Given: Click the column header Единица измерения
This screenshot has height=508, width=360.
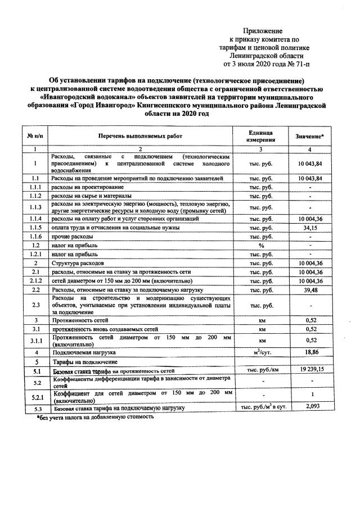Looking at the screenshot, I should coord(260,137).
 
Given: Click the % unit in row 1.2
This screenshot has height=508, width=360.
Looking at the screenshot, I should coord(260,246).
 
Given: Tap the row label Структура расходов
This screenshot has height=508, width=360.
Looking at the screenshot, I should coord(77,263).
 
